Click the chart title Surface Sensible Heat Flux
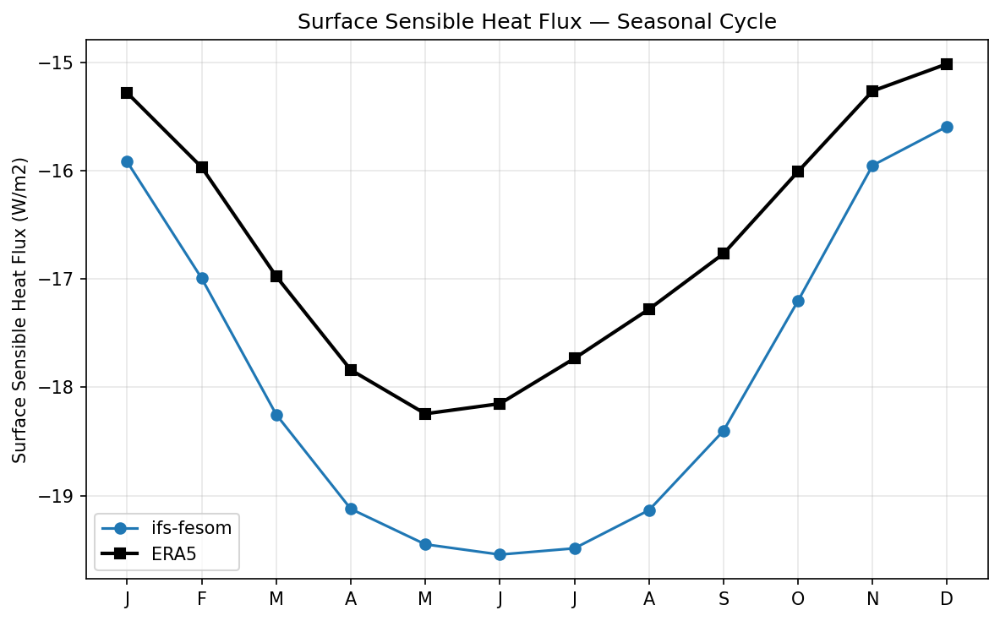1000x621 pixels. (537, 22)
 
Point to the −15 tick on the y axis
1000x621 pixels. (62, 63)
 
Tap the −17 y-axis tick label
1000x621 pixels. (62, 280)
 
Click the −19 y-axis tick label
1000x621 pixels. (62, 496)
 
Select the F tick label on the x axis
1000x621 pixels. (201, 599)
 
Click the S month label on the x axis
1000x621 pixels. (724, 599)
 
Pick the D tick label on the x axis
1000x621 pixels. (947, 599)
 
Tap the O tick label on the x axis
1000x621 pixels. (798, 599)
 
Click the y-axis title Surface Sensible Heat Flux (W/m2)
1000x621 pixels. (20, 310)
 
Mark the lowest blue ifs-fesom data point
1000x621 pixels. (500, 554)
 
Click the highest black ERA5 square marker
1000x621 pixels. (947, 64)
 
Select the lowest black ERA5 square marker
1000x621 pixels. (425, 414)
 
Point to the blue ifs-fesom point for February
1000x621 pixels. (202, 278)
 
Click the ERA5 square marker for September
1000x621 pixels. (724, 253)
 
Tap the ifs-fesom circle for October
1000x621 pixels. (798, 301)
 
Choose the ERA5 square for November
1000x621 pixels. (872, 91)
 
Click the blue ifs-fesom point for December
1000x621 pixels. (947, 127)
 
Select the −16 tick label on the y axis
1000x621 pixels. (62, 171)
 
